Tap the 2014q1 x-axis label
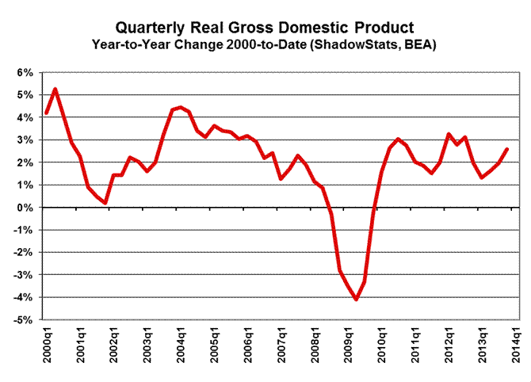click(x=515, y=346)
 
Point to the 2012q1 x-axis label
click(x=448, y=346)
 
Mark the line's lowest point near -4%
click(x=356, y=300)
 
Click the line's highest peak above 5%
click(x=54, y=89)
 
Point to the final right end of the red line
click(x=507, y=149)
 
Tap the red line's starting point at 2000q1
click(x=46, y=113)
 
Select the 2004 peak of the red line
click(x=180, y=107)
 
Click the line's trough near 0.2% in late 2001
click(x=105, y=203)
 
